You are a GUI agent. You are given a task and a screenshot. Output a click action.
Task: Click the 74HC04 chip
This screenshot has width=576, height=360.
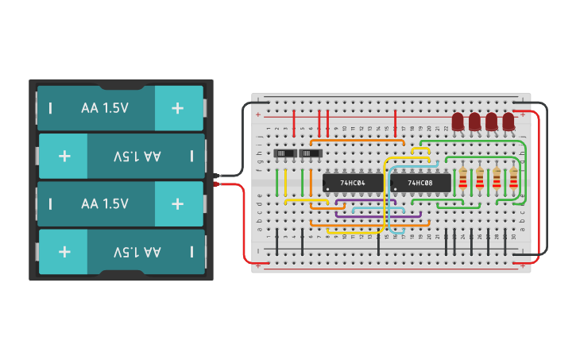(353, 183)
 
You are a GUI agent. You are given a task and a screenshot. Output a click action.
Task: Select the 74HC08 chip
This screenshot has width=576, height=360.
(420, 183)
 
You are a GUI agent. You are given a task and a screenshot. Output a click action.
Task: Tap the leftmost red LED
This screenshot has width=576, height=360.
(458, 122)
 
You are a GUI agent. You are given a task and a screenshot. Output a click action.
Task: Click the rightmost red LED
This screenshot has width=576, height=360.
(508, 122)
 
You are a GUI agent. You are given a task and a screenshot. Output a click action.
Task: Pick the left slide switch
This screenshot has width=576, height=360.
(284, 153)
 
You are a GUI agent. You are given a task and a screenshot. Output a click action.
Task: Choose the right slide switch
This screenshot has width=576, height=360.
(310, 153)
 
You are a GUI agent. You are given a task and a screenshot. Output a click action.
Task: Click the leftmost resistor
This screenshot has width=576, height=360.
(463, 180)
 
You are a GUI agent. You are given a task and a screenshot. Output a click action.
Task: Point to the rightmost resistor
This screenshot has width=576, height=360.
(513, 180)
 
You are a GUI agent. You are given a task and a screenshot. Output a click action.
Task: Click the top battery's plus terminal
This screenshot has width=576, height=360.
(178, 108)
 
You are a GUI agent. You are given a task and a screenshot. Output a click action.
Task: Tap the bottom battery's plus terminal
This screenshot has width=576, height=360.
(64, 252)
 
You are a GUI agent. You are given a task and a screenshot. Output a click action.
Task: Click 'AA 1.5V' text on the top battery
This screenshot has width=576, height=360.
(104, 108)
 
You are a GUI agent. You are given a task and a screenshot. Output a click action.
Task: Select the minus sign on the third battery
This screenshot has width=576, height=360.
(51, 204)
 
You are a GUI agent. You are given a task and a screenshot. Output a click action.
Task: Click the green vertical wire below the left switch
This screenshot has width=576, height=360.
(276, 183)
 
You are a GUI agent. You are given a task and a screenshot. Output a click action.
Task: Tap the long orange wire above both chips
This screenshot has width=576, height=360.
(358, 141)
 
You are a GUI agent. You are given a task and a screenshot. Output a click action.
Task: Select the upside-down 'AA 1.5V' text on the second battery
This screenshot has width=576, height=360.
(137, 157)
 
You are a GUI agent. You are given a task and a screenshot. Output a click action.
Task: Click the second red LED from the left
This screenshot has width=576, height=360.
(474, 122)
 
